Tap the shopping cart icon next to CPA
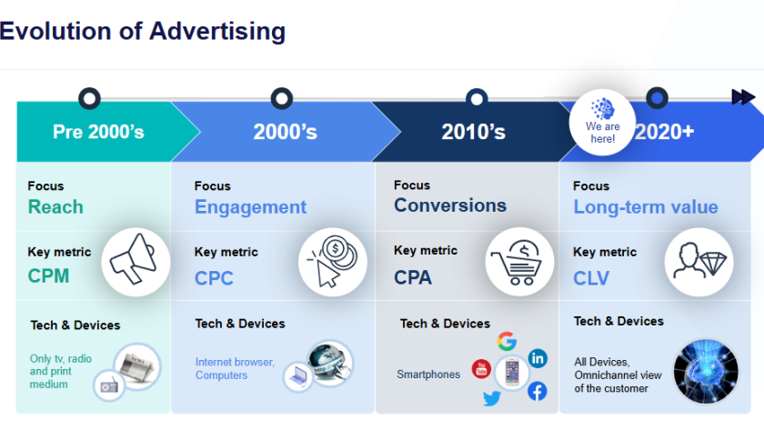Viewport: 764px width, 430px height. [518, 263]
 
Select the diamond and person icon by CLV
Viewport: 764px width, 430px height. [699, 261]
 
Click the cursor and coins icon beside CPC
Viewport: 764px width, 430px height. [332, 262]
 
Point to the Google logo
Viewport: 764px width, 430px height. [507, 342]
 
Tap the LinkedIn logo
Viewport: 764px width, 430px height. [538, 358]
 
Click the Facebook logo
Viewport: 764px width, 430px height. [537, 392]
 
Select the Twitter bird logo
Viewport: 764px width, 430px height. [492, 398]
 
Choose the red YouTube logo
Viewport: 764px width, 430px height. [481, 369]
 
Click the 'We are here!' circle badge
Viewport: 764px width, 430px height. [602, 122]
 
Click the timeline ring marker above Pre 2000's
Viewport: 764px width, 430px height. [90, 98]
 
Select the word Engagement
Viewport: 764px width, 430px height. [250, 207]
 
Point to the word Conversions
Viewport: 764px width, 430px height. [450, 205]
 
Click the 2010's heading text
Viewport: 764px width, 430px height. [473, 132]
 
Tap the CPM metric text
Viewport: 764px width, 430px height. [48, 276]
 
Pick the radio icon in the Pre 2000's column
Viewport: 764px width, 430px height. [109, 385]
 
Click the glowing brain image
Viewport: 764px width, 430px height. [706, 372]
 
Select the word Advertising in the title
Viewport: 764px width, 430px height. [217, 31]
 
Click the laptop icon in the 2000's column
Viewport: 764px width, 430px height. [297, 376]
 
